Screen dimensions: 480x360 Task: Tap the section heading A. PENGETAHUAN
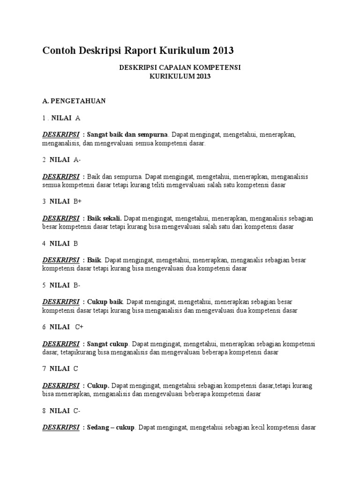point(74,101)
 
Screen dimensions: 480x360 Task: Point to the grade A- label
point(77,160)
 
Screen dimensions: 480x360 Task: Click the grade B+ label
point(77,202)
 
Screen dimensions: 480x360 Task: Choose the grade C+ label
point(79,327)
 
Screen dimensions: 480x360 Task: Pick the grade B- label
point(77,285)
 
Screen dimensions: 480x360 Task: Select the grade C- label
point(77,411)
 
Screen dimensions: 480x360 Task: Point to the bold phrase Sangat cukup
point(108,344)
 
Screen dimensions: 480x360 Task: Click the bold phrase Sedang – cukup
point(111,427)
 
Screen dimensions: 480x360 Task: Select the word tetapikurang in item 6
point(78,352)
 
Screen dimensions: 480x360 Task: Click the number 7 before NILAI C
point(44,369)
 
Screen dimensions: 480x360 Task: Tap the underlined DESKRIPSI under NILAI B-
point(61,302)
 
